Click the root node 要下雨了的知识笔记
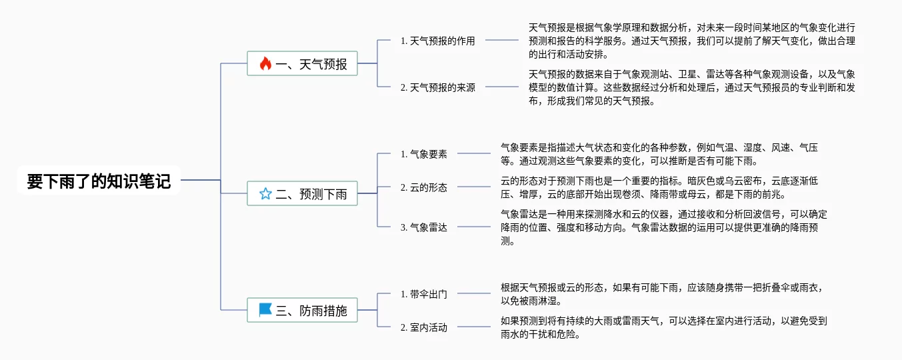tap(99, 181)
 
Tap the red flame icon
tap(265, 63)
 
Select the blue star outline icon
tap(265, 194)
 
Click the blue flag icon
tap(265, 309)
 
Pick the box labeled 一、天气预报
tap(302, 63)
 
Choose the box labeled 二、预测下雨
tap(302, 193)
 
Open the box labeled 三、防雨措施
tap(302, 310)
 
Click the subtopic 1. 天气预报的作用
tap(438, 41)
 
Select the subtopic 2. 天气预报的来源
tap(438, 87)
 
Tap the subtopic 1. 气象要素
tap(423, 154)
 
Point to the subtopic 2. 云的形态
tap(423, 187)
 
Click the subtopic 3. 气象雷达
tap(423, 227)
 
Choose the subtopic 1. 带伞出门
tap(423, 294)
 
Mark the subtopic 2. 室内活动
tap(423, 327)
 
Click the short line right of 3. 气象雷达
tap(473, 227)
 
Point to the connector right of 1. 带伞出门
tap(473, 293)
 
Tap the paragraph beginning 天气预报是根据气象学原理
tap(692, 41)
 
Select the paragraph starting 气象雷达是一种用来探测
tap(663, 227)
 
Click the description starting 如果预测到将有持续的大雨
tap(663, 327)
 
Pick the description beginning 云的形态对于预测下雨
tap(659, 187)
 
